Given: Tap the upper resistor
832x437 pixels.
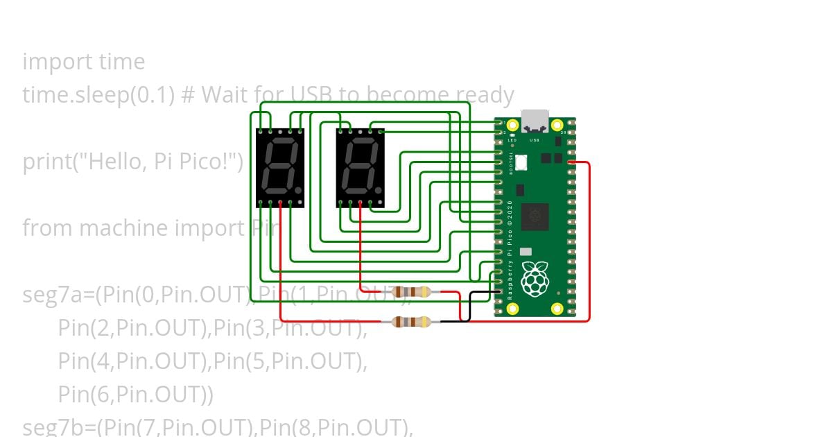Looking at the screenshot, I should click(411, 292).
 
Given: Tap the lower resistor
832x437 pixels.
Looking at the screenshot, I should click(411, 321).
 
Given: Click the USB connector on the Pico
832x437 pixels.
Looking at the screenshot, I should click(534, 121).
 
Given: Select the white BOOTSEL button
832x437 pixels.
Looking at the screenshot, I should click(521, 162).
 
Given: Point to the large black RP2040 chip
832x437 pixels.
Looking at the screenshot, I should click(535, 216).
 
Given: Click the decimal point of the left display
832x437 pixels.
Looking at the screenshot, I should click(298, 189).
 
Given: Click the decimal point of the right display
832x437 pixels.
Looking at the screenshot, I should click(379, 189).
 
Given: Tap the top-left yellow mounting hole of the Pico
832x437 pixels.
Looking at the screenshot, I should click(512, 126).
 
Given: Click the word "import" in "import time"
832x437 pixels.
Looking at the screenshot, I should click(54, 62).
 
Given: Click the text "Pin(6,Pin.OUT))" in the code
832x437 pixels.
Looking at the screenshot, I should click(135, 395).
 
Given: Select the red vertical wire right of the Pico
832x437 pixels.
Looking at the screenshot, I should click(589, 243).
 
